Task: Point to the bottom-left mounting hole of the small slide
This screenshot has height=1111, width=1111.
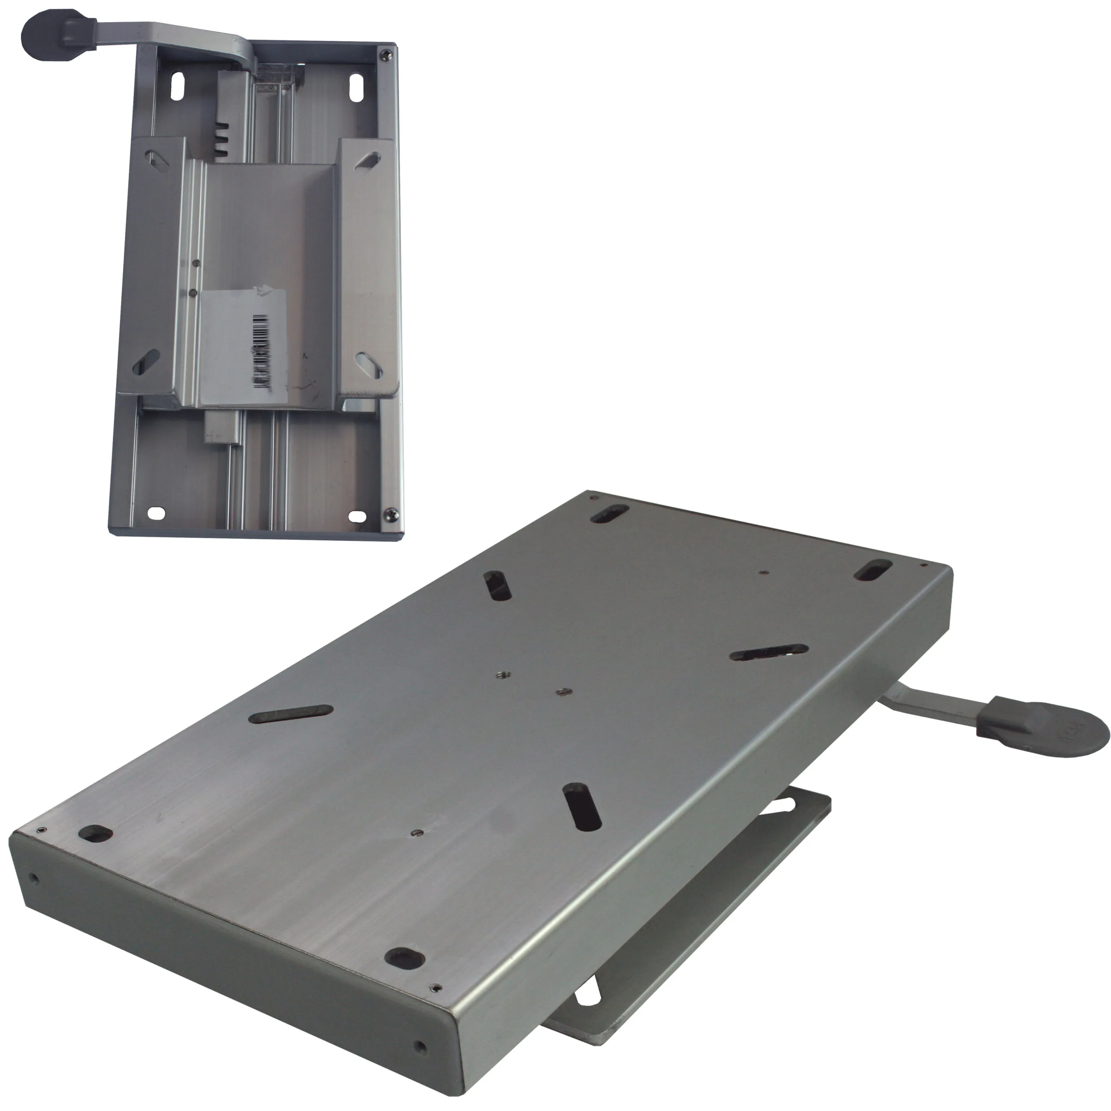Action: tap(156, 513)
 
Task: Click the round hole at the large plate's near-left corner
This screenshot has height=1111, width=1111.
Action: tap(95, 833)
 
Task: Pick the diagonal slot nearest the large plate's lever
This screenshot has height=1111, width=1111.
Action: tap(768, 652)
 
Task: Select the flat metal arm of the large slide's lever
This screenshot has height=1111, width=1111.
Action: tap(932, 704)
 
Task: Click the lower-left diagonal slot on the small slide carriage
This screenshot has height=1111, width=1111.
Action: tap(146, 362)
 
